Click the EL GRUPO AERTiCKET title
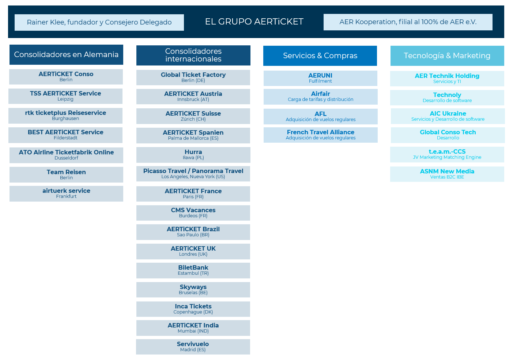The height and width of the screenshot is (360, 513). click(x=254, y=22)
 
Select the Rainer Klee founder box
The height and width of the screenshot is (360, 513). click(x=99, y=22)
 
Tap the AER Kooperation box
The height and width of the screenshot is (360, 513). click(x=408, y=22)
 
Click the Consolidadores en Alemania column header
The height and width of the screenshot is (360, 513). click(x=66, y=55)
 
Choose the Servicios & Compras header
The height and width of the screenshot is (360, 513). click(x=320, y=56)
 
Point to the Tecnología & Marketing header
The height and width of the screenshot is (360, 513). click(x=447, y=56)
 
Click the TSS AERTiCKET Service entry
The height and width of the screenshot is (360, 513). click(x=65, y=96)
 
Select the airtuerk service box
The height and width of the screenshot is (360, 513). click(x=66, y=194)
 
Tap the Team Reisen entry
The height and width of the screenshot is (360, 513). click(x=66, y=175)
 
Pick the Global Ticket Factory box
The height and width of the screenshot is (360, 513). click(x=193, y=78)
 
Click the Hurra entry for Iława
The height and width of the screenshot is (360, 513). click(x=193, y=155)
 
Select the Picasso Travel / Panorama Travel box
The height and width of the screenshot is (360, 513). click(x=193, y=174)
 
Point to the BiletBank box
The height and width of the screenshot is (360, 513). click(x=193, y=270)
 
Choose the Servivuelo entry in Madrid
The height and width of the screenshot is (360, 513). click(x=193, y=347)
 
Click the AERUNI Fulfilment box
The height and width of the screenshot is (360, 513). click(x=320, y=78)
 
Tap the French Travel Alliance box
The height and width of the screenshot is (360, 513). click(x=320, y=135)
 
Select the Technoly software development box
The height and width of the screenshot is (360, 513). click(x=447, y=98)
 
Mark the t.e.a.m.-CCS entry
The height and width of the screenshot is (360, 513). click(x=447, y=154)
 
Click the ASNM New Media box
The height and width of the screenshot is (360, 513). click(x=447, y=174)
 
